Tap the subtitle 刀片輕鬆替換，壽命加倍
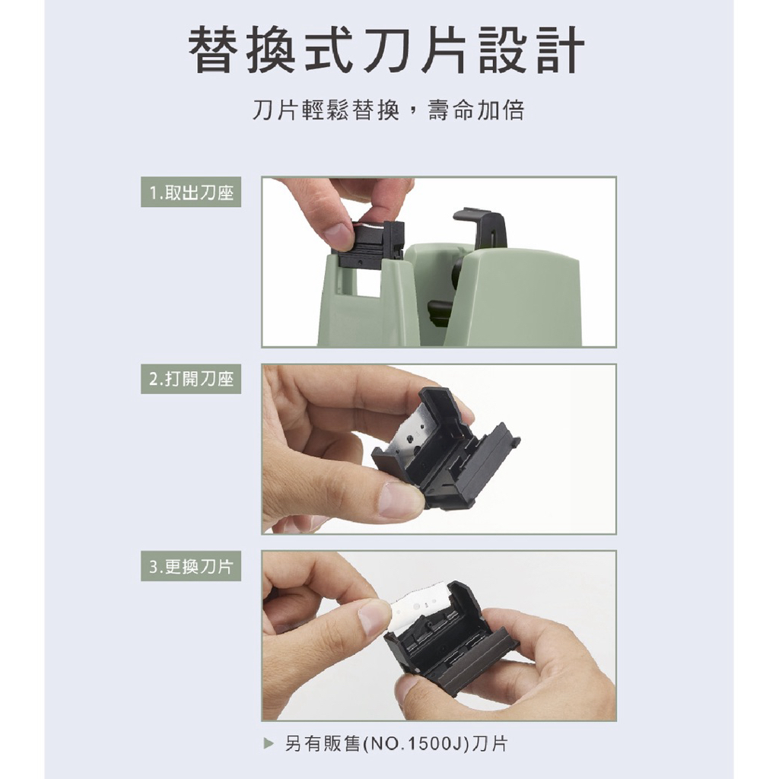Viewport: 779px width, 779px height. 389,110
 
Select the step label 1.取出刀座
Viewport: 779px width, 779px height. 191,192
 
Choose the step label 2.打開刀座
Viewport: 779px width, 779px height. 191,379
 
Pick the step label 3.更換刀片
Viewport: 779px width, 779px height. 191,566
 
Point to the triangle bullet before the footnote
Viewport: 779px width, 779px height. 269,744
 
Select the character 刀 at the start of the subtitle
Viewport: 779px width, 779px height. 264,110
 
